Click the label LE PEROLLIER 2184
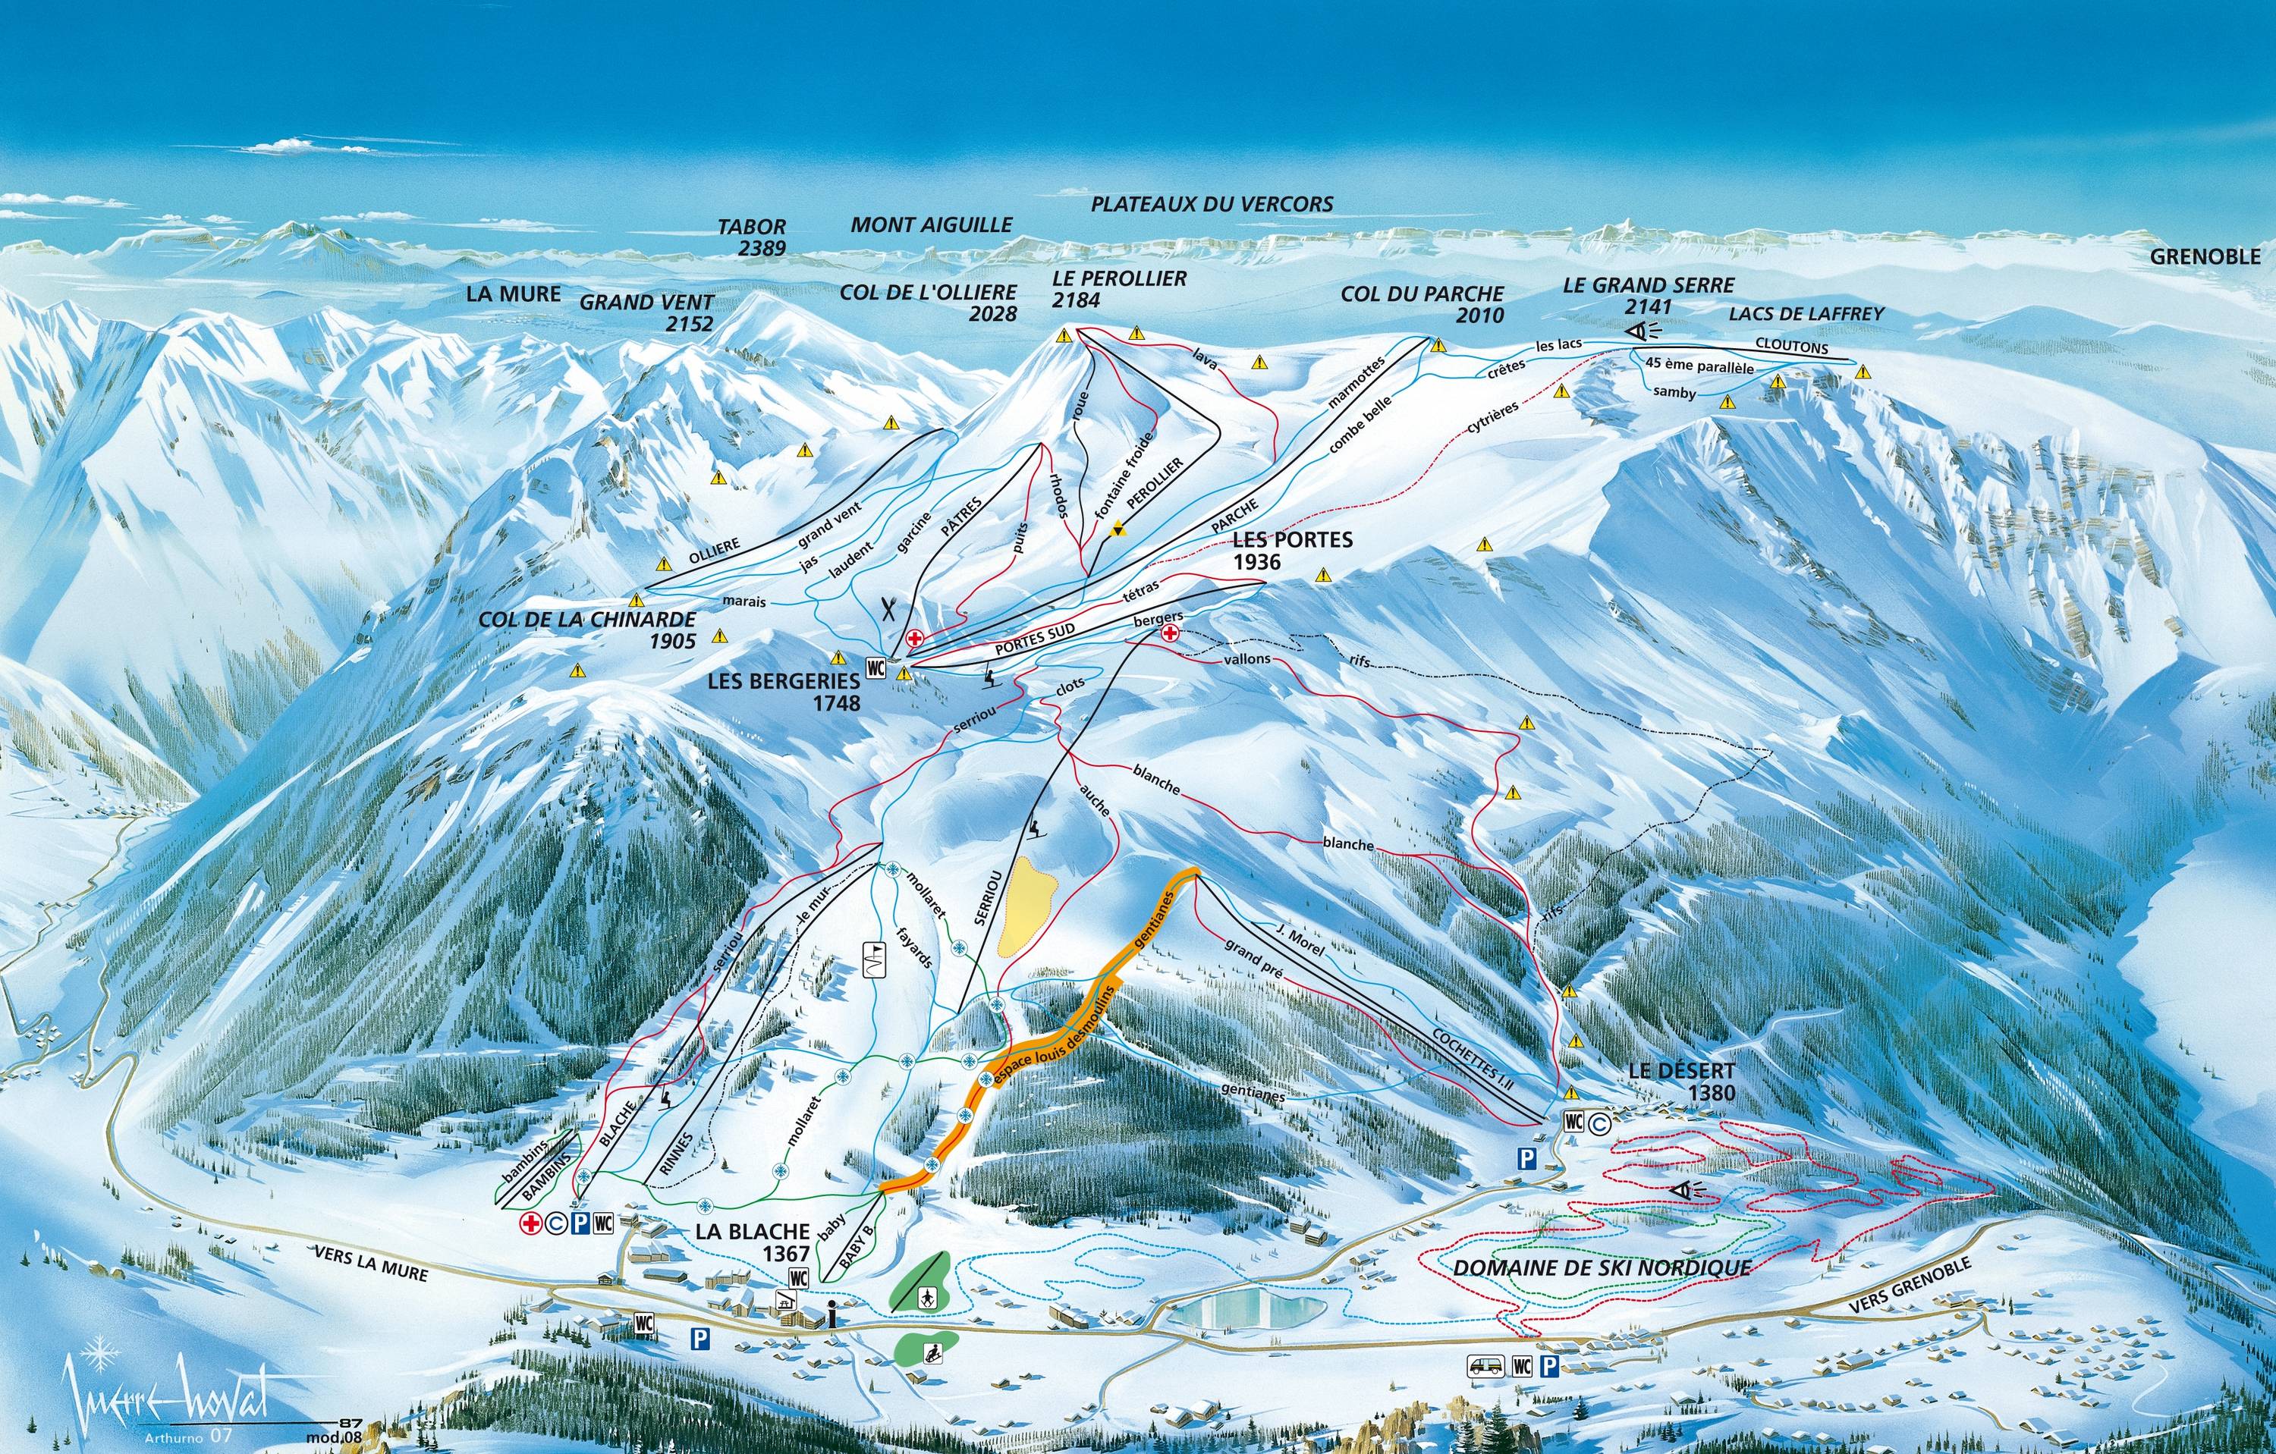pyautogui.click(x=1119, y=289)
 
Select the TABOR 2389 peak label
pyautogui.click(x=753, y=237)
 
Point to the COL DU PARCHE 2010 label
pyautogui.click(x=1422, y=303)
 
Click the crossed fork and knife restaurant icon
pyautogui.click(x=888, y=608)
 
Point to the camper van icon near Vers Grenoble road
pyautogui.click(x=1481, y=1364)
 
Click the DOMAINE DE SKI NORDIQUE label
pyautogui.click(x=1601, y=1267)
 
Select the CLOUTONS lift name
pyautogui.click(x=1791, y=347)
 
